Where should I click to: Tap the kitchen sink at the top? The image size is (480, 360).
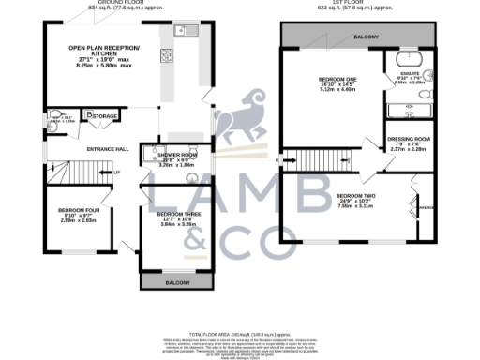pos(185,29)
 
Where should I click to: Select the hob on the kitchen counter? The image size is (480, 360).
pos(166,54)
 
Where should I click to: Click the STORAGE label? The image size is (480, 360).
pos(103,116)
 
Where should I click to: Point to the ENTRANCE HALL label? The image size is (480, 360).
pos(108,149)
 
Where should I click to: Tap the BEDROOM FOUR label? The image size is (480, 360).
pos(73,210)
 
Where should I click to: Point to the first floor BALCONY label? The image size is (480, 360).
pos(366,37)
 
